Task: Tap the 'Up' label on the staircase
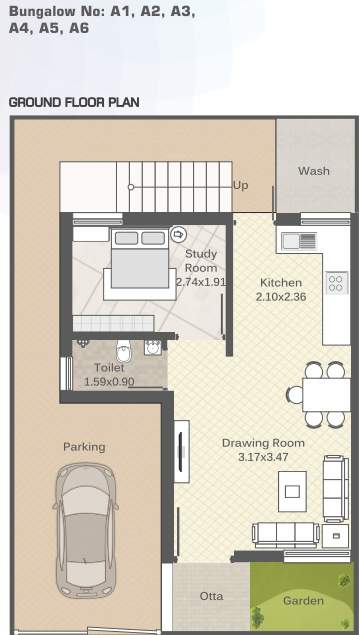241,185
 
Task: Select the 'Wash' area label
313,171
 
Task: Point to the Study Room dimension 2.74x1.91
201,282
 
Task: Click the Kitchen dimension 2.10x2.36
280,297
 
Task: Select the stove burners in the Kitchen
336,282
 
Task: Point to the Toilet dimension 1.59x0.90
110,381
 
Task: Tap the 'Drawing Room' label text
263,443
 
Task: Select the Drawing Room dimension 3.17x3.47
263,457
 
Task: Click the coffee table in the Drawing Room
293,490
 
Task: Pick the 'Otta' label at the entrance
211,596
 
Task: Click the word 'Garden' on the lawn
303,601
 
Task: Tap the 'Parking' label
84,447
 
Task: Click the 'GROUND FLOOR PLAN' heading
74,102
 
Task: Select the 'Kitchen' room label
280,282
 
